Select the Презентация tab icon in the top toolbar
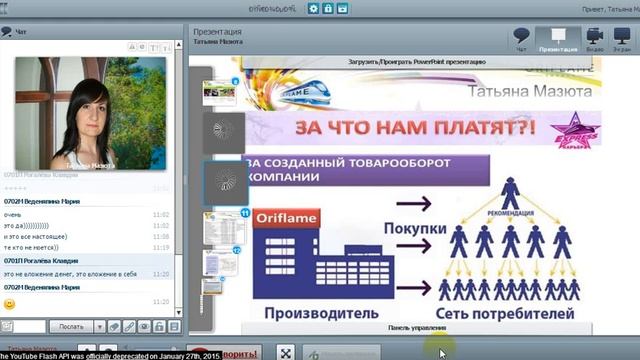pos(558,38)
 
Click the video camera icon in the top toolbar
pos(594,38)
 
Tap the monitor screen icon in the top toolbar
pos(621,38)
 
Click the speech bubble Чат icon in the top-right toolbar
pos(521,38)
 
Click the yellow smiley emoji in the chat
pos(10,303)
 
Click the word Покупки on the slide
pos(414,229)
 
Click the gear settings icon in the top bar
pos(313,8)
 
